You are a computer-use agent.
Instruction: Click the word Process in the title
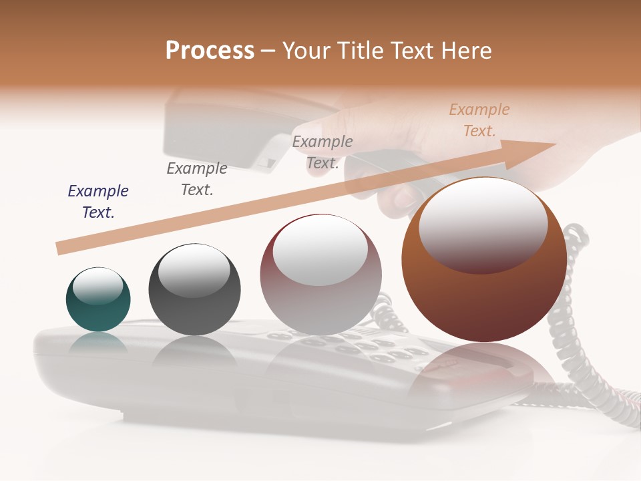click(x=210, y=50)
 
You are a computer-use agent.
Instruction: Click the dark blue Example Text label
click(x=98, y=202)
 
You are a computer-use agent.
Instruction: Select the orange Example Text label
click(x=479, y=120)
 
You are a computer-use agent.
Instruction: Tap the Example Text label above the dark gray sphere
click(x=197, y=179)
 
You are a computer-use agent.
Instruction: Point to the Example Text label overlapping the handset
click(x=323, y=152)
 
